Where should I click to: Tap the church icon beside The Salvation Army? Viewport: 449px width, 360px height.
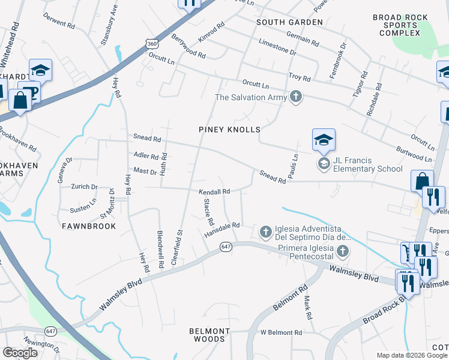(x=295, y=97)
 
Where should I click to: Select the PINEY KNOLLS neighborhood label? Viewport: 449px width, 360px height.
(x=230, y=130)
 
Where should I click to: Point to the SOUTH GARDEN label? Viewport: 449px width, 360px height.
(x=289, y=22)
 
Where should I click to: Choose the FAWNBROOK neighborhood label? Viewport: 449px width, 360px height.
(x=84, y=226)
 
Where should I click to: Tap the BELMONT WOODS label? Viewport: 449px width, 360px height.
(x=209, y=335)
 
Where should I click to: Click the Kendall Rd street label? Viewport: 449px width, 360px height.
(x=215, y=192)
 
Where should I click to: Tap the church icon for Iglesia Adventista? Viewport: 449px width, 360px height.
(x=265, y=232)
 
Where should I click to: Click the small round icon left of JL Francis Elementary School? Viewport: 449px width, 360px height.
(x=324, y=164)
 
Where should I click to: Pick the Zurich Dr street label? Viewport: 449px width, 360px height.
(x=83, y=187)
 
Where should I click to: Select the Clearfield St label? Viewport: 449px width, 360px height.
(x=178, y=237)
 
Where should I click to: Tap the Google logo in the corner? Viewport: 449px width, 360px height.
(x=20, y=353)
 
